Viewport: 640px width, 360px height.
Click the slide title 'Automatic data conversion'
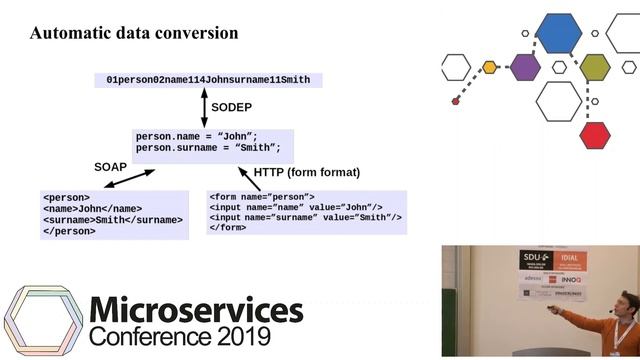point(134,33)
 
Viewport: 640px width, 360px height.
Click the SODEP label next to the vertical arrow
point(231,104)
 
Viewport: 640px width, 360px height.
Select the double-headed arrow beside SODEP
point(205,105)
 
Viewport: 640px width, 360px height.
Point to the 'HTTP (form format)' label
point(306,172)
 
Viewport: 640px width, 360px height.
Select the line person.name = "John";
point(197,136)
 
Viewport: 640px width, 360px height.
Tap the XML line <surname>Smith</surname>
point(113,220)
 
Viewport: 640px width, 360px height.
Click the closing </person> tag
point(69,231)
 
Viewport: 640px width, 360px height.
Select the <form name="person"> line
point(262,196)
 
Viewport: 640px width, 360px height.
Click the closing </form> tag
point(228,228)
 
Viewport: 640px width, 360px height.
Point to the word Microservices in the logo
point(196,308)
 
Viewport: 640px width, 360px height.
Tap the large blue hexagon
point(558,32)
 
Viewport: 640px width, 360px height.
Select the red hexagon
point(596,134)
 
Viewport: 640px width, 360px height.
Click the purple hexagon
point(525,67)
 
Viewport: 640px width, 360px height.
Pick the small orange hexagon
point(489,67)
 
